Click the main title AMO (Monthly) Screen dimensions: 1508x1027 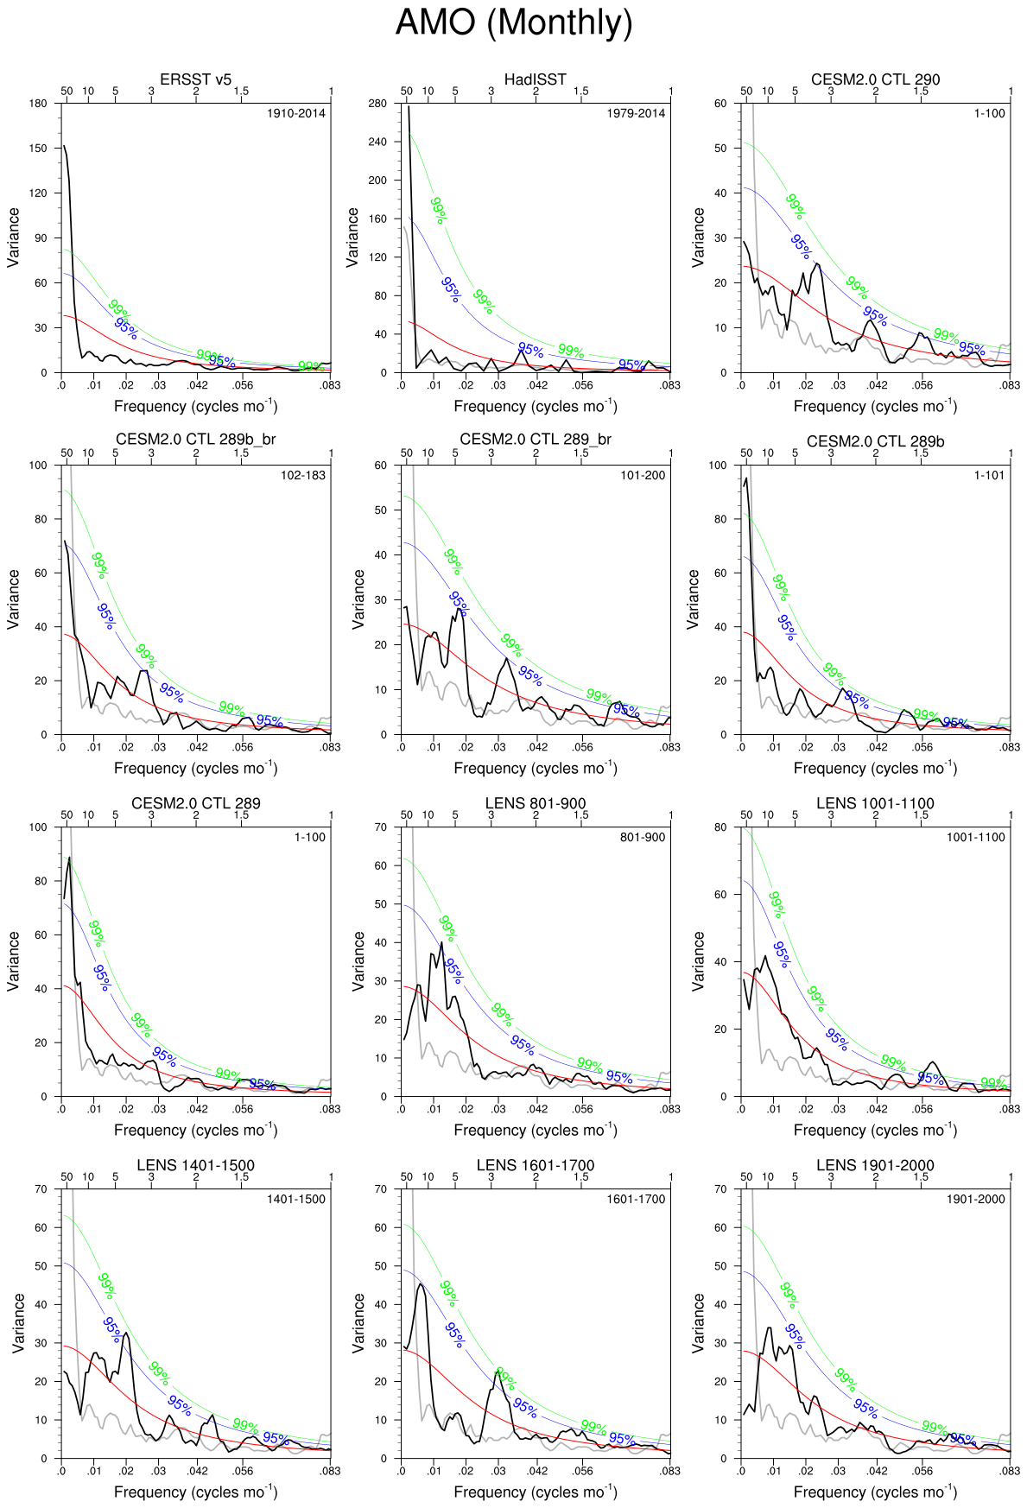tap(514, 22)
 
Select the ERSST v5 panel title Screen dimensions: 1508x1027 tap(195, 79)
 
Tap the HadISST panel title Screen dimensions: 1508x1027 tap(535, 79)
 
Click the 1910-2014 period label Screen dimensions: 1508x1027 tap(296, 113)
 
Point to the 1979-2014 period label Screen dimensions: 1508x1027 tap(636, 113)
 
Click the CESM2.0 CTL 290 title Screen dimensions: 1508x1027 tap(875, 79)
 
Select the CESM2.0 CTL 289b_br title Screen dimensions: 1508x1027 tap(195, 440)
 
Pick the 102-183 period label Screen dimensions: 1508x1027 tap(303, 475)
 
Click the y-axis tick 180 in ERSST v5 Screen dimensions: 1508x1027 tap(38, 104)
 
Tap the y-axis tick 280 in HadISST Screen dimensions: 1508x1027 tap(377, 104)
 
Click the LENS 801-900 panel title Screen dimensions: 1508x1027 tap(536, 803)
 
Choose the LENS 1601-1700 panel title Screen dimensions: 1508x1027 tap(536, 1165)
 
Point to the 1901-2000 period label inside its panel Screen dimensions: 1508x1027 tap(975, 1199)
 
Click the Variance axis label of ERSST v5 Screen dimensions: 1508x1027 tap(14, 238)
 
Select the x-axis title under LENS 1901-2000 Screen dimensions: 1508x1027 tap(875, 1492)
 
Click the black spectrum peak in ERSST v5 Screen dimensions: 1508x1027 tap(65, 147)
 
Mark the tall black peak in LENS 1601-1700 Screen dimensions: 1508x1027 tap(421, 1283)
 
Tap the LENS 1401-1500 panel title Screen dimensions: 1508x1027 tap(195, 1165)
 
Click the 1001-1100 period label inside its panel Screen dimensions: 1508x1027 tap(975, 837)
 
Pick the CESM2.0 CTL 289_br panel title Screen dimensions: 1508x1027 tap(536, 440)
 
